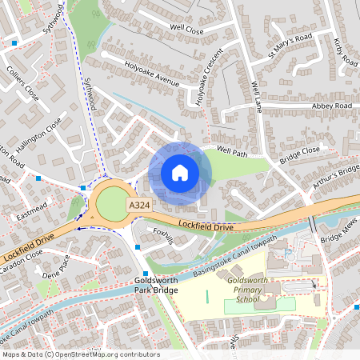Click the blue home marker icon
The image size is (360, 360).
180,173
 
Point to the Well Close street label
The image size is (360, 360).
187,30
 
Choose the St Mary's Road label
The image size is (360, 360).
290,47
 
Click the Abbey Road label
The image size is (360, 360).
332,106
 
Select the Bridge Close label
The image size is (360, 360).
299,154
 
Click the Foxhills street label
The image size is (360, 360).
163,237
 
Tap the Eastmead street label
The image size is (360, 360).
33,215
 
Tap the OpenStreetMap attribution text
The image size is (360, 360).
80,354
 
